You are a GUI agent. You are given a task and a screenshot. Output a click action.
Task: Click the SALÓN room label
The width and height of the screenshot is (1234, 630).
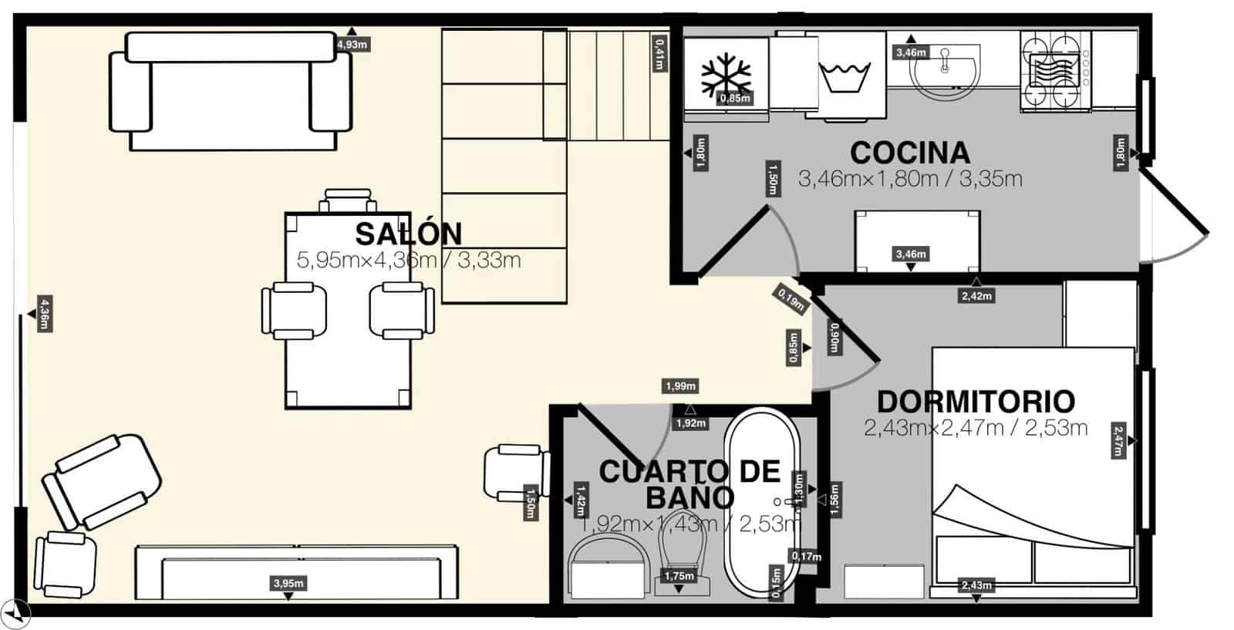click(x=408, y=234)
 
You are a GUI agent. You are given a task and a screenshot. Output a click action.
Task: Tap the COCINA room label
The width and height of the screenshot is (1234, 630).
click(x=909, y=153)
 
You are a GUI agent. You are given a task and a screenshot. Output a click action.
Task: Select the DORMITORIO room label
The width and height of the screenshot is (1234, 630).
click(x=976, y=402)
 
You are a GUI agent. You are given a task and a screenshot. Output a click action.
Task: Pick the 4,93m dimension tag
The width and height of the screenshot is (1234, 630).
click(x=352, y=45)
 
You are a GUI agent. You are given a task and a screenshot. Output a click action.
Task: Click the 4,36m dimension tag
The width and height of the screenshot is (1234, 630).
click(x=45, y=314)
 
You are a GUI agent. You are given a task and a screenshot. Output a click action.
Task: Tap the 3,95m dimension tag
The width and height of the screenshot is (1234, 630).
click(x=288, y=584)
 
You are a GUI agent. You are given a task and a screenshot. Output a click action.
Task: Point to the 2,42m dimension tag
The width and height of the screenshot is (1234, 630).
click(x=976, y=295)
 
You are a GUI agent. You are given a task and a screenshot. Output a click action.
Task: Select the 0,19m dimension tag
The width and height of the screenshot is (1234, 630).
click(x=791, y=298)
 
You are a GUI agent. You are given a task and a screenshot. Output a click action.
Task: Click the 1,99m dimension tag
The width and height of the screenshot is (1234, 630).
click(x=680, y=386)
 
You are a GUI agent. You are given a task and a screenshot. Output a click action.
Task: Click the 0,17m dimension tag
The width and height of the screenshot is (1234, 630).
click(x=806, y=556)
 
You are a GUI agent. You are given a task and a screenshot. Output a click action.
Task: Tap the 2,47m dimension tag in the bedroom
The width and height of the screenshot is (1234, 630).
click(x=1118, y=440)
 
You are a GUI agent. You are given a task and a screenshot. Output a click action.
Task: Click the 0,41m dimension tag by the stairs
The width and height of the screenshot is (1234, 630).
click(x=659, y=53)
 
